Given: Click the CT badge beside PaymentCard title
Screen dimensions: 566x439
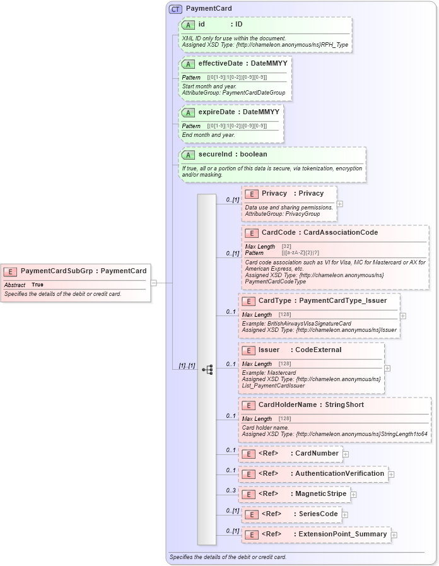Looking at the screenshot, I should coord(175,9).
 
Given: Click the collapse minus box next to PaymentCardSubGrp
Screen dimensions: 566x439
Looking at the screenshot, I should coord(153,283).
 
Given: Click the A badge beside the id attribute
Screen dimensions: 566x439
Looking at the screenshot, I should coord(188,25).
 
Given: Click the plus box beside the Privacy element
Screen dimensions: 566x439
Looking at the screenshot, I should coord(340,204).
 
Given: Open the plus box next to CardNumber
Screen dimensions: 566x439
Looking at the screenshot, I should coord(346,454).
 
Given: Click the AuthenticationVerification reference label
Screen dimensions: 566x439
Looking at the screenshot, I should coord(339,473).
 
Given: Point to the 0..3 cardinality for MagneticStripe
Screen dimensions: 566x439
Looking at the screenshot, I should coord(231,490).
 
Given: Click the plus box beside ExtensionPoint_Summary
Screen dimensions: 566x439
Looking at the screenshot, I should coord(394,535).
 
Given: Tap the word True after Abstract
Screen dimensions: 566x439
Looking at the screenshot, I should coord(37,285).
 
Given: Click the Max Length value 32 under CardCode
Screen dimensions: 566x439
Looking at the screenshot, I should coord(286,246).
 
